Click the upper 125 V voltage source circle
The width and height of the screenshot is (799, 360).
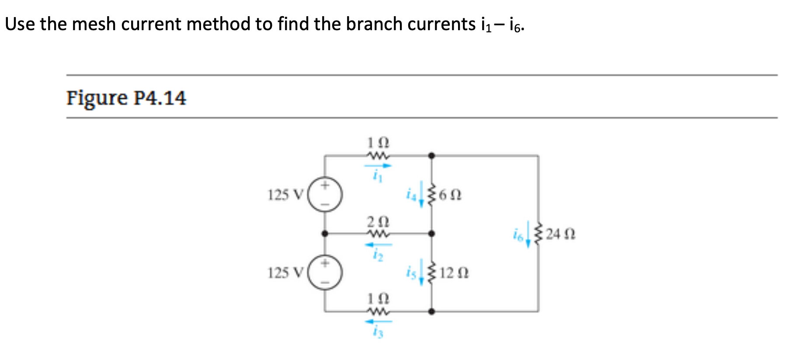[x=325, y=194]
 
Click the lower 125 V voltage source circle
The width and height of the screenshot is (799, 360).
[x=325, y=273]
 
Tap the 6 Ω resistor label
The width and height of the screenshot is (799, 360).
[x=450, y=195]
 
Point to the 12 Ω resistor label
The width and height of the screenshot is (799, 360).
[x=454, y=273]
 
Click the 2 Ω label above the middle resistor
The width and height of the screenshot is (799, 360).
[x=378, y=221]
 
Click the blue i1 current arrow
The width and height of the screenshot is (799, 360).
[x=378, y=166]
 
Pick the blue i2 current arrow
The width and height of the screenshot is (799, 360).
[x=378, y=245]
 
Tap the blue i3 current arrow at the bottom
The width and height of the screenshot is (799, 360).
[x=378, y=322]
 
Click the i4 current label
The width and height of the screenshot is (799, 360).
[x=411, y=194]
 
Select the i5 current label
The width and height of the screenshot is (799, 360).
[x=411, y=273]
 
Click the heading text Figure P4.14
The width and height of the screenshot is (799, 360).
[x=126, y=97]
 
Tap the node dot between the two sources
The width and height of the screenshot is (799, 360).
[x=325, y=234]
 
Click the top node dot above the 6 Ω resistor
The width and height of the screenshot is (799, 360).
[x=431, y=156]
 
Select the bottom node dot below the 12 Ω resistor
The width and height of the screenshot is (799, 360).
[x=431, y=312]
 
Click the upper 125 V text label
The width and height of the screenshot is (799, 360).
[x=285, y=195]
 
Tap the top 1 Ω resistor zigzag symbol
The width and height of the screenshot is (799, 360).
[x=378, y=156]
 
